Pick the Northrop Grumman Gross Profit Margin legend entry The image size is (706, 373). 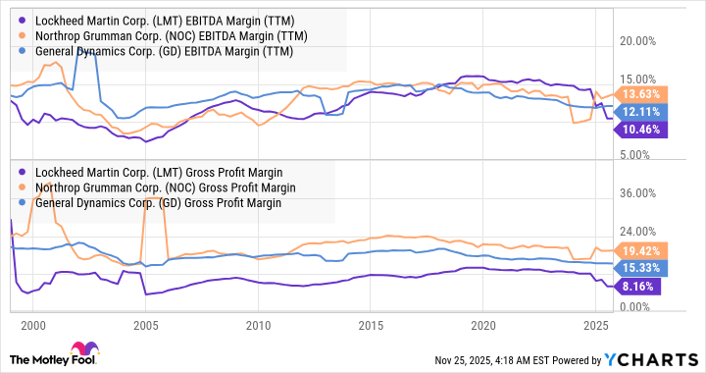[x=156, y=187]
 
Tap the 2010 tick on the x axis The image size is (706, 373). [x=258, y=324]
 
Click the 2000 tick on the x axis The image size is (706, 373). [x=32, y=324]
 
